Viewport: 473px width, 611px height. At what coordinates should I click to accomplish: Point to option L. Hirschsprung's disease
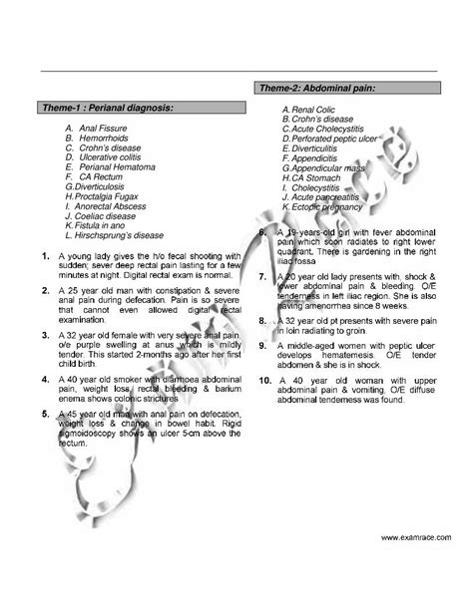pos(114,235)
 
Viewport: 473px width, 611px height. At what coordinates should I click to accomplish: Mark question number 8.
pos(260,322)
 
